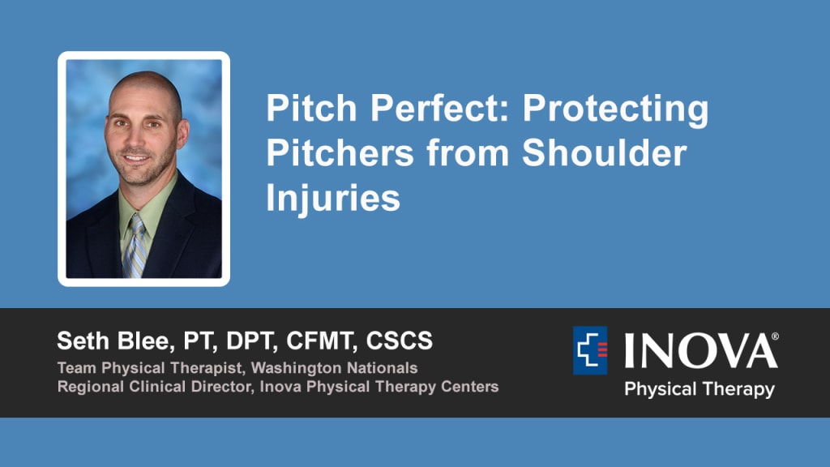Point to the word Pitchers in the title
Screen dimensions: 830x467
coord(340,153)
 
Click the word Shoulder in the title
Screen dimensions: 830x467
coord(604,153)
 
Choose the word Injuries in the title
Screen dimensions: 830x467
coord(333,199)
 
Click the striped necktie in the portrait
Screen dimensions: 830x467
coord(135,246)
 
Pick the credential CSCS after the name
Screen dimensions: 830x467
coord(400,341)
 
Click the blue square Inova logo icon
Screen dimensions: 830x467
coord(590,350)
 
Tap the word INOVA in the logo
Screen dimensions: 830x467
coord(698,350)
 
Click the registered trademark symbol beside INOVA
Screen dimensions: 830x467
coord(775,336)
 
